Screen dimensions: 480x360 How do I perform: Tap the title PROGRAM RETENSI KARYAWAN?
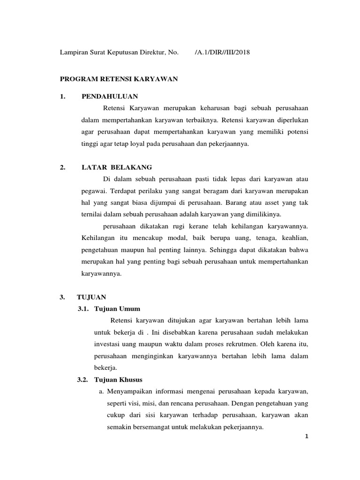point(119,79)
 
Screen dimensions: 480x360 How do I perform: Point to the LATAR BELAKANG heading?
point(117,167)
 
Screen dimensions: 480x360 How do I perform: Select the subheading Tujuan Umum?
point(117,308)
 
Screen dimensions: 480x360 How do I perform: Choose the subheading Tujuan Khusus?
point(118,379)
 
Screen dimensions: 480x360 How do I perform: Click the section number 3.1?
point(83,308)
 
